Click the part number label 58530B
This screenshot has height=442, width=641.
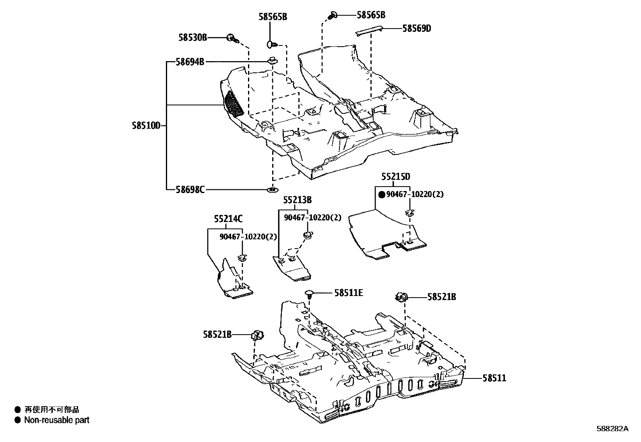pyautogui.click(x=192, y=37)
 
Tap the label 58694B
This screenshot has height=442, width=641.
pyautogui.click(x=190, y=62)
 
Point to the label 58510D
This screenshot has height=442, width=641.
pyautogui.click(x=146, y=125)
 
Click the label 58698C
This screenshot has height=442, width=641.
pyautogui.click(x=190, y=189)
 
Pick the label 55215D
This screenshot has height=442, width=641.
pyautogui.click(x=396, y=177)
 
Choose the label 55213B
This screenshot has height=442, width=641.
pyautogui.click(x=297, y=200)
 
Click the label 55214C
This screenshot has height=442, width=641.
pyautogui.click(x=228, y=219)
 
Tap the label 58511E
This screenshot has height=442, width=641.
pyautogui.click(x=348, y=293)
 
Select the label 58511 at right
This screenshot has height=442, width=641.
pyautogui.click(x=495, y=378)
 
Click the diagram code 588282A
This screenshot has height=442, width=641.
pyautogui.click(x=612, y=429)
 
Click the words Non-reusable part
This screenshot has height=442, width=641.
pyautogui.click(x=57, y=420)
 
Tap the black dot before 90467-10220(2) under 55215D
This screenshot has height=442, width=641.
pyautogui.click(x=382, y=195)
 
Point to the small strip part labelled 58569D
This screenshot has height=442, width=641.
pyautogui.click(x=368, y=31)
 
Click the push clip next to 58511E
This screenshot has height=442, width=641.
pyautogui.click(x=310, y=293)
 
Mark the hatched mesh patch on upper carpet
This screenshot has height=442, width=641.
pyautogui.click(x=234, y=104)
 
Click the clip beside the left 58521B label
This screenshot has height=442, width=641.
pyautogui.click(x=256, y=335)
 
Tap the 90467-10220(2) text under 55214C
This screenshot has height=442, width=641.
pyautogui.click(x=248, y=236)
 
